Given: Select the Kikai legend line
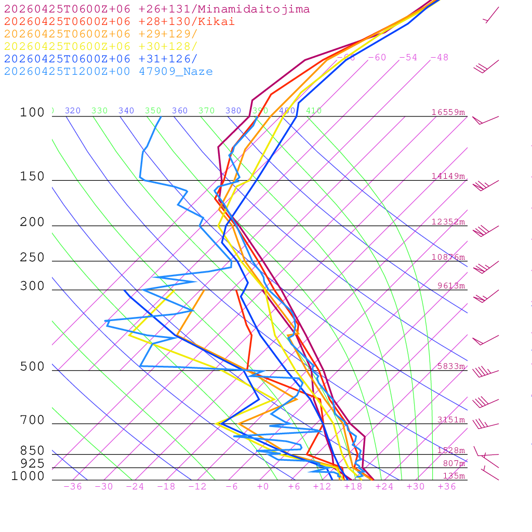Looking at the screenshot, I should click(x=119, y=22).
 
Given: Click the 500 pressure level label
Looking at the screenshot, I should click(x=32, y=367).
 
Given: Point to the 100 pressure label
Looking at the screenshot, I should click(x=32, y=112).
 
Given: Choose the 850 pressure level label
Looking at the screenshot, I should click(x=32, y=450).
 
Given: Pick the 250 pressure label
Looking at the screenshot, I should click(x=32, y=258).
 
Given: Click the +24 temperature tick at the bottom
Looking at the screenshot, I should click(x=384, y=487).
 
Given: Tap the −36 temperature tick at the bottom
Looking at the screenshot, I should click(x=73, y=487).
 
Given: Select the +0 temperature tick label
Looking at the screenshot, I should click(x=263, y=487).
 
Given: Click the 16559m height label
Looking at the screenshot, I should click(x=448, y=112).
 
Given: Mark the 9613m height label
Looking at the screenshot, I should click(x=451, y=286).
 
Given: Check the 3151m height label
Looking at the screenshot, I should click(x=451, y=420).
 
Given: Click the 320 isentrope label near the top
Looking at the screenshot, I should click(x=73, y=111).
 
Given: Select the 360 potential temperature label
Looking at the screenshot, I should click(x=180, y=111).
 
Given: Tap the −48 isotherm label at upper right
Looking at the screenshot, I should click(x=439, y=58).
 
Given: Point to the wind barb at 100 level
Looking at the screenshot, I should click(x=484, y=120).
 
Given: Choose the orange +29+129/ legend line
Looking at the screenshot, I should click(x=100, y=34).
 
